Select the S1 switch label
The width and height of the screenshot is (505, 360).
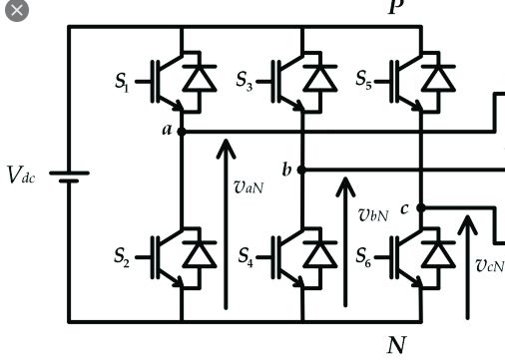(121, 83)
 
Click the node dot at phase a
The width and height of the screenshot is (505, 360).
(181, 131)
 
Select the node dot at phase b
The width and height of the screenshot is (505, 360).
(301, 171)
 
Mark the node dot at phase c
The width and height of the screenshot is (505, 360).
(420, 208)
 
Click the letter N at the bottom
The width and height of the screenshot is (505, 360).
(396, 345)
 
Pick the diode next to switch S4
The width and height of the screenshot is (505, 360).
(321, 252)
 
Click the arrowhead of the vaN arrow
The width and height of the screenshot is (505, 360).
(227, 148)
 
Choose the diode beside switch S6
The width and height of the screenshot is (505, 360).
(439, 252)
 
